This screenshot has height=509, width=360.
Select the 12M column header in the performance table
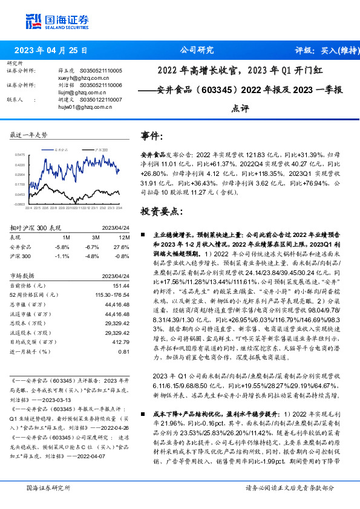click(124, 238)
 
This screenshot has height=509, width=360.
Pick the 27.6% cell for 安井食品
click(122, 247)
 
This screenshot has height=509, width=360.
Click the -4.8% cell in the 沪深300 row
click(92, 256)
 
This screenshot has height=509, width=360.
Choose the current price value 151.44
click(121, 285)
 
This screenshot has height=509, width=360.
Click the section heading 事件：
click(152, 136)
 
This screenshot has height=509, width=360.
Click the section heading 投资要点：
click(161, 212)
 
